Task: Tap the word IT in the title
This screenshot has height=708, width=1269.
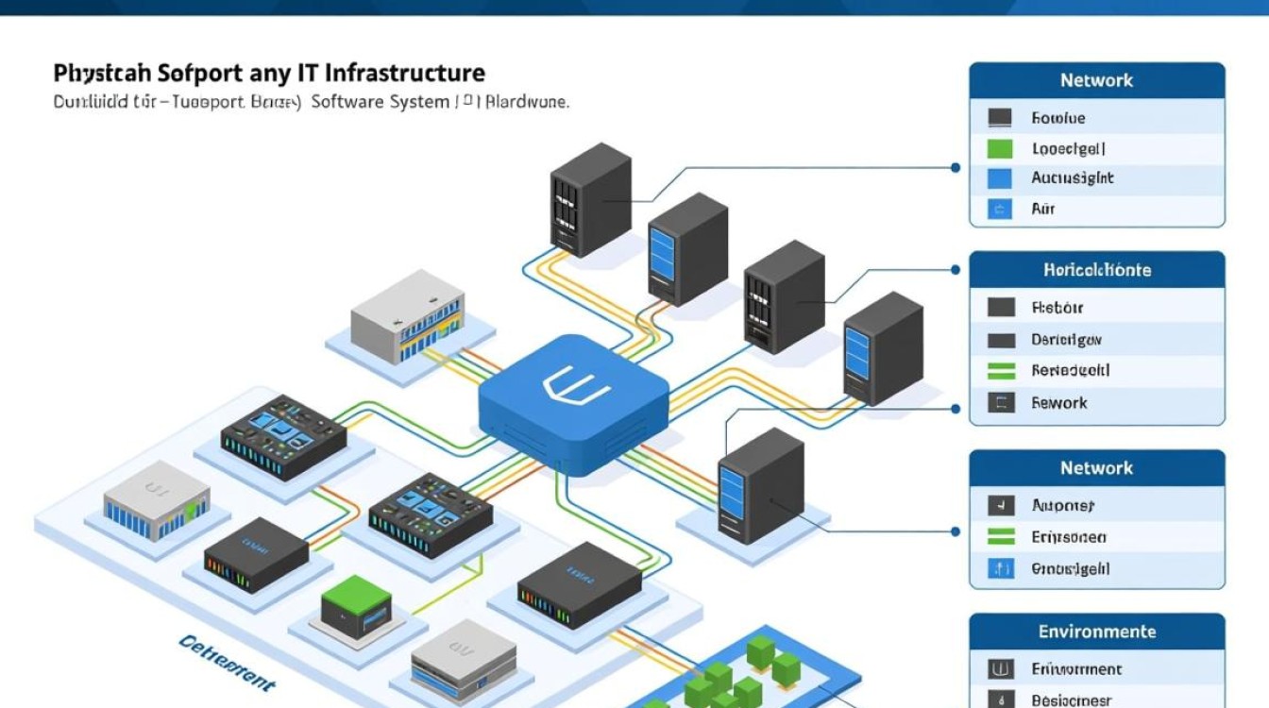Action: [x=310, y=73]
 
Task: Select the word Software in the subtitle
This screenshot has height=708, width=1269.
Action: [x=347, y=101]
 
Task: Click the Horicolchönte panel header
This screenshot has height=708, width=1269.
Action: [x=1096, y=270]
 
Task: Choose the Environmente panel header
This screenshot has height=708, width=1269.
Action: [x=1096, y=632]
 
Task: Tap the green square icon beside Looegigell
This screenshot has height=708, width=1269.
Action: [x=999, y=148]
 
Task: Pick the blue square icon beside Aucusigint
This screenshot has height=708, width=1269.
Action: [x=999, y=177]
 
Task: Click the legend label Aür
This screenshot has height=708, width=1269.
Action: [x=1042, y=209]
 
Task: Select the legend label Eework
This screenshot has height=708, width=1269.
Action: [x=1058, y=403]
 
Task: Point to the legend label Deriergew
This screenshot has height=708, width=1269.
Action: [x=1066, y=340]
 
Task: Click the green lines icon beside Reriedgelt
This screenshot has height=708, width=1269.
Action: [x=1000, y=371]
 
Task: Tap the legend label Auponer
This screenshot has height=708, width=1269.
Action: [x=1063, y=506]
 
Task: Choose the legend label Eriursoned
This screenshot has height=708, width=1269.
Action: [x=1069, y=537]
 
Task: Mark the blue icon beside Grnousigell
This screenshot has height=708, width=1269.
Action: [x=1000, y=568]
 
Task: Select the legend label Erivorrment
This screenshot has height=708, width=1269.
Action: [x=1076, y=669]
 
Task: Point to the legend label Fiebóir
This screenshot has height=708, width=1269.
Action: [x=1057, y=308]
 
